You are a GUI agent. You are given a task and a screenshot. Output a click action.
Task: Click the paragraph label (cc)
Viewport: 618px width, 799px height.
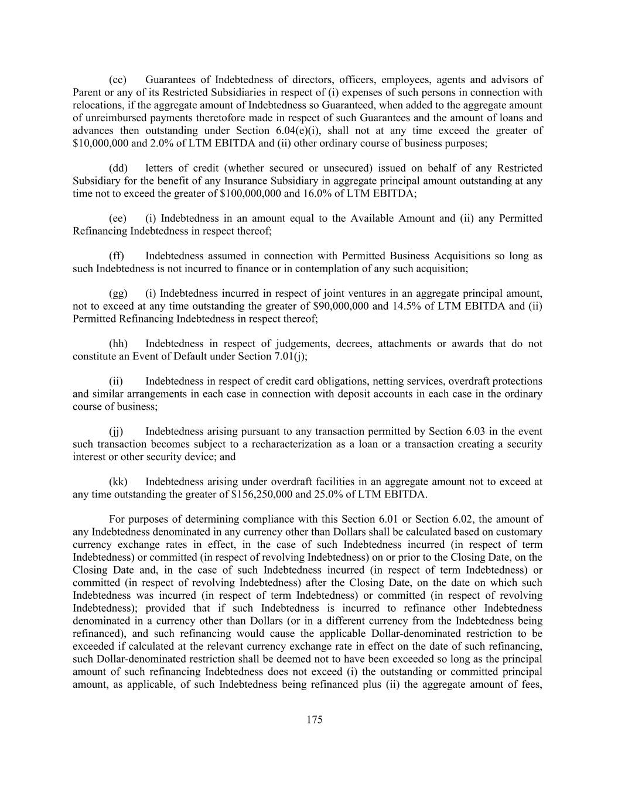118,80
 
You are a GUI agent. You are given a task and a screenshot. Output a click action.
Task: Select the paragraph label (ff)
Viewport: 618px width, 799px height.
117,256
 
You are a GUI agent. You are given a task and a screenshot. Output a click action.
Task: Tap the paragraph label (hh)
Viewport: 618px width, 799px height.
118,344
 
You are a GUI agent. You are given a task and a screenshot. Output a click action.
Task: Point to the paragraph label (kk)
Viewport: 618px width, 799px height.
118,482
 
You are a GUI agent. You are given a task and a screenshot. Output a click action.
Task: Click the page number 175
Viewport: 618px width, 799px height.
315,720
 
